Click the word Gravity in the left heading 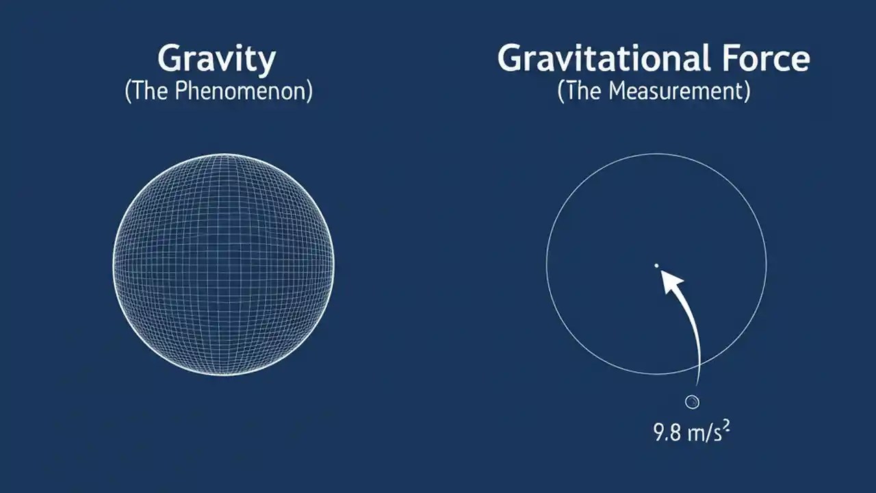(x=217, y=60)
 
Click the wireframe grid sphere (x=223, y=264)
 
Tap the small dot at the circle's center (x=656, y=265)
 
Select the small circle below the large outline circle (x=692, y=402)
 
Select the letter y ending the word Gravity (x=268, y=63)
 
